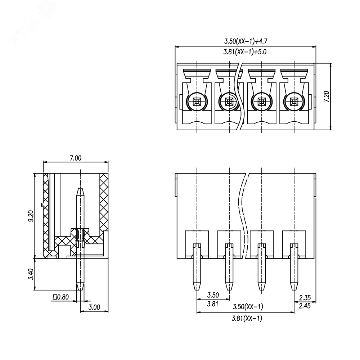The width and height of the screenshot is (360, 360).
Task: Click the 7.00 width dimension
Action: point(76,158)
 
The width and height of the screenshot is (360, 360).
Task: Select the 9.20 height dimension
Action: point(31,216)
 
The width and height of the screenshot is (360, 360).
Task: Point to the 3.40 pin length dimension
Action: point(31,274)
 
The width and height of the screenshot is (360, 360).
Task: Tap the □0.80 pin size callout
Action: point(61,297)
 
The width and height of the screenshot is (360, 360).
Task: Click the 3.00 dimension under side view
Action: point(94,307)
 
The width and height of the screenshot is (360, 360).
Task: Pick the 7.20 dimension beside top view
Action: point(326,96)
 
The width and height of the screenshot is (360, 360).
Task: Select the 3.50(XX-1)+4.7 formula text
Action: point(246,41)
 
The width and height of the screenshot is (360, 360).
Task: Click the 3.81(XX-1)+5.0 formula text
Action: point(245,52)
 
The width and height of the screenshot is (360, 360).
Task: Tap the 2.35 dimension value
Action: point(305,298)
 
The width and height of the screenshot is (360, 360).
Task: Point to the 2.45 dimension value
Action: point(305,306)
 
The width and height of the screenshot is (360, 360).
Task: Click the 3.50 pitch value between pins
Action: point(213,295)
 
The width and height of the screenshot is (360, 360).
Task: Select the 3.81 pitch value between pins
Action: point(213,304)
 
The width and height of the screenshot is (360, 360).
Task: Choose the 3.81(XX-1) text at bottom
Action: point(247,319)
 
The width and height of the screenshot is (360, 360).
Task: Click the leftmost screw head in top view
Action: point(197,101)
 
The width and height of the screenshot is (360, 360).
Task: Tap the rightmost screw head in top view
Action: point(294,101)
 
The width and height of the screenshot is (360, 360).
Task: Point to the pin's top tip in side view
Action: point(80,189)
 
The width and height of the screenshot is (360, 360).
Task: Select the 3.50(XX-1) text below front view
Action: point(248,307)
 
